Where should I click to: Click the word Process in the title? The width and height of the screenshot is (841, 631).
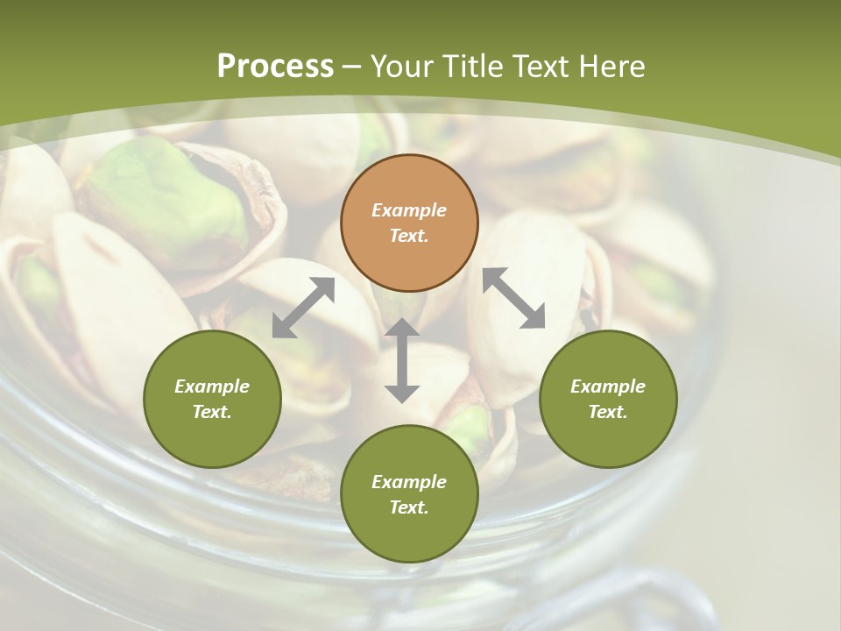(275, 67)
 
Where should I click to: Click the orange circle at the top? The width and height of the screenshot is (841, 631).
(409, 223)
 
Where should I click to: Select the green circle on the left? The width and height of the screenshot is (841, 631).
(212, 399)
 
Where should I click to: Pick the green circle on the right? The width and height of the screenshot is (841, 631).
(608, 399)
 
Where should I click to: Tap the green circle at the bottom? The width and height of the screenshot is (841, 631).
(409, 494)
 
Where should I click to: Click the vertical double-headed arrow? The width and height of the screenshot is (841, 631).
(402, 360)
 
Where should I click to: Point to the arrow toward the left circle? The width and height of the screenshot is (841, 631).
(303, 308)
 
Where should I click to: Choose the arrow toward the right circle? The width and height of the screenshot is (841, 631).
(514, 298)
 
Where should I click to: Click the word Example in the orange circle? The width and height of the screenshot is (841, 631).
(409, 210)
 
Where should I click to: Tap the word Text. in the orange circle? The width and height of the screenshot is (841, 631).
(409, 236)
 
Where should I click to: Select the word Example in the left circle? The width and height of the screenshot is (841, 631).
(212, 386)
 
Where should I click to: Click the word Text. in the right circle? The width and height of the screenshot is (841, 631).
(608, 412)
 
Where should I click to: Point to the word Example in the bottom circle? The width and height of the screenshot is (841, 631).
(409, 482)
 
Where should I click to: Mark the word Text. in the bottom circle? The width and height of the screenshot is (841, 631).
(409, 507)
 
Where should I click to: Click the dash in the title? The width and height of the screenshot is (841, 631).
(352, 67)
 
